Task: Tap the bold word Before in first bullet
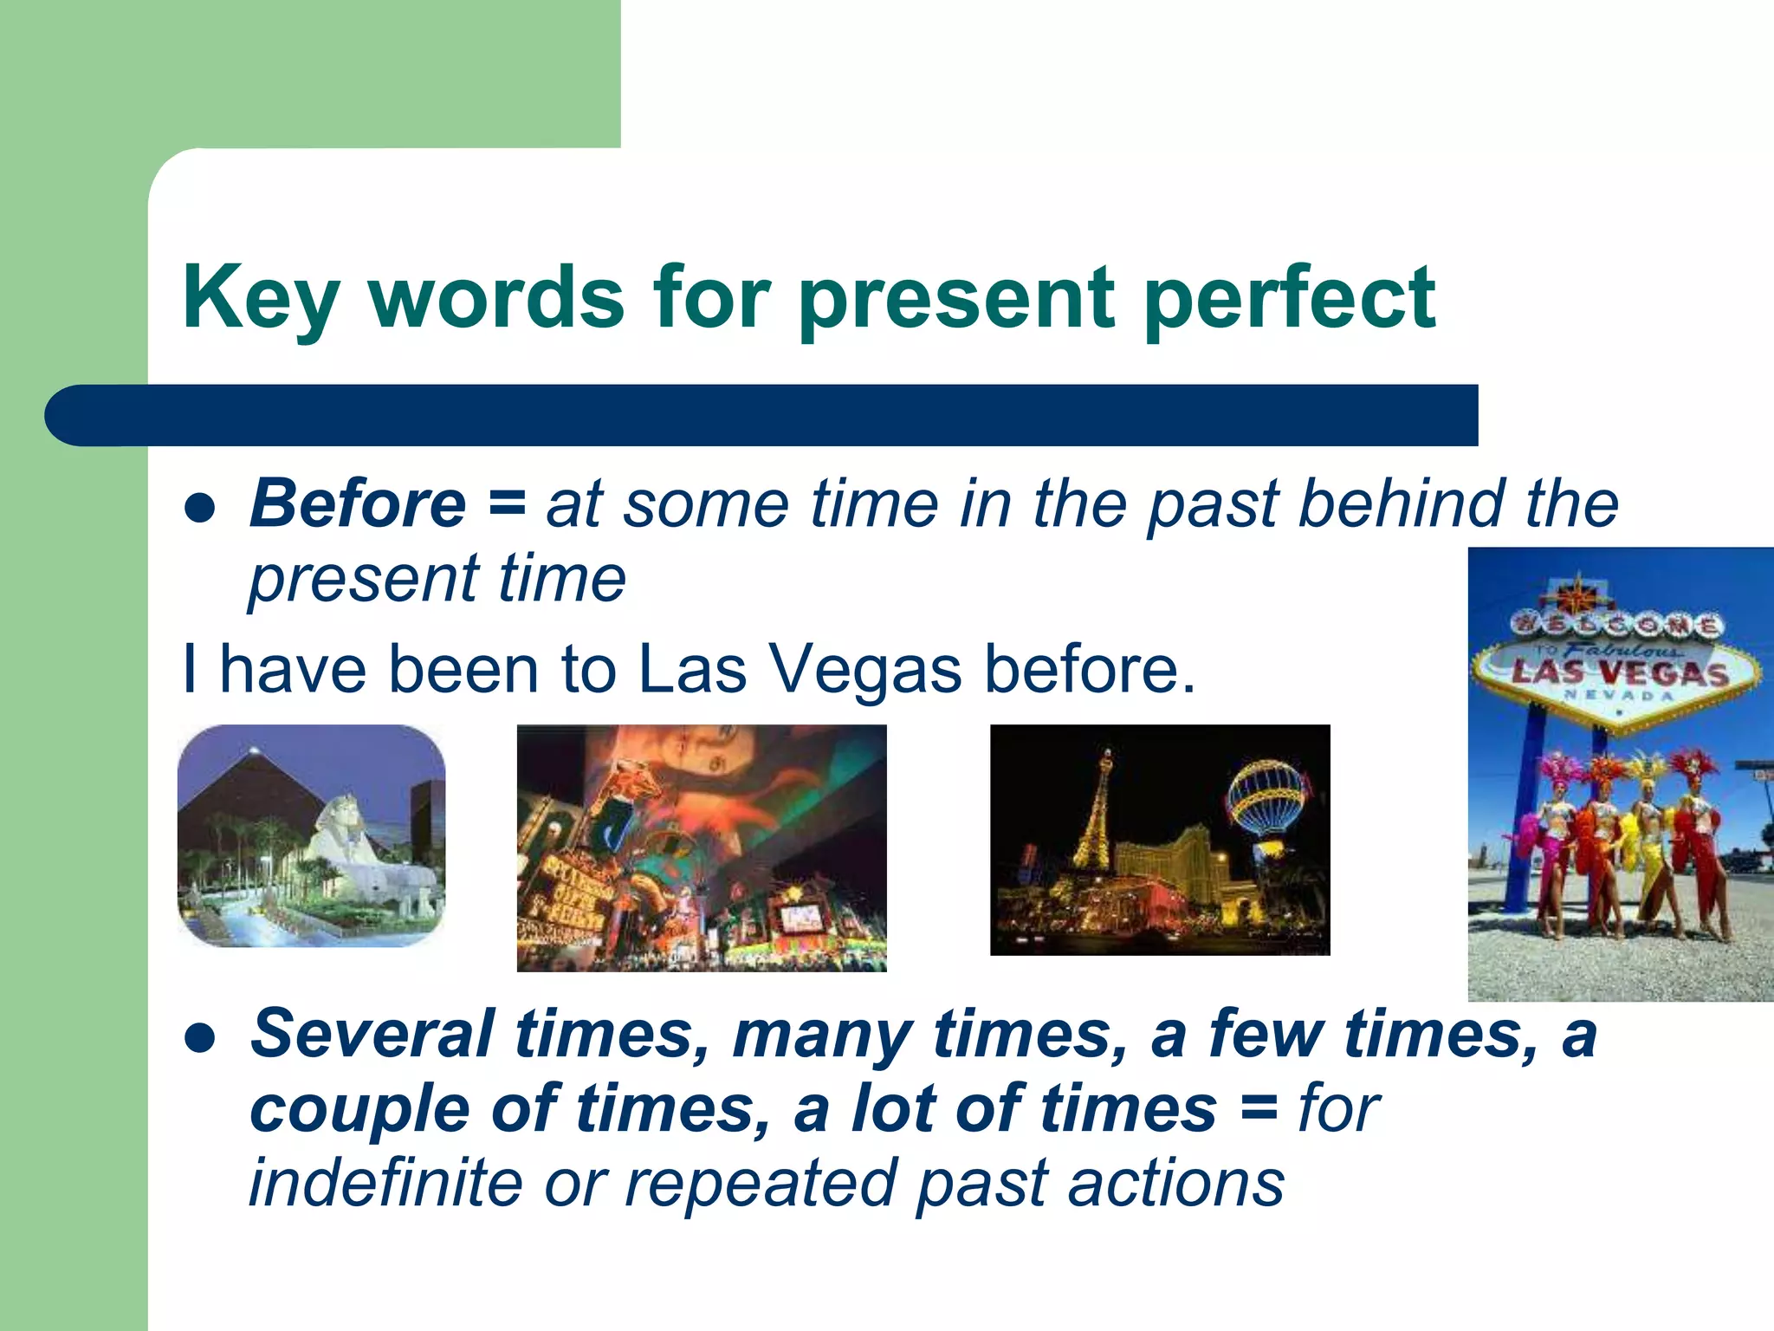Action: click(x=358, y=504)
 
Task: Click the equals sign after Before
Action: click(x=507, y=504)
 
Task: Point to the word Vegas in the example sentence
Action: click(x=865, y=670)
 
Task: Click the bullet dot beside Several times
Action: click(x=200, y=1037)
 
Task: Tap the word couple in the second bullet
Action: click(x=359, y=1110)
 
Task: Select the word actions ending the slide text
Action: click(x=1175, y=1184)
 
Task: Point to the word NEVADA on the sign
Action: click(x=1618, y=696)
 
